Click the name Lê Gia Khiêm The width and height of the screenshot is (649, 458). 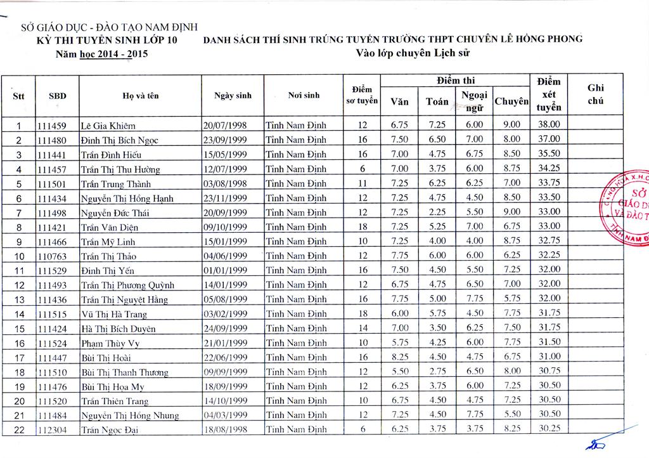pos(108,126)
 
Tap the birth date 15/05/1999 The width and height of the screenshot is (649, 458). pos(225,155)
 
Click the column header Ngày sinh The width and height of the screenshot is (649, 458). pos(233,96)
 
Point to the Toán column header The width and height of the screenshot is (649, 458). pos(437,101)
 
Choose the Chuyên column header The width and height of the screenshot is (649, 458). pos(511,101)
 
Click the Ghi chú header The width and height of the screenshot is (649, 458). pos(596,95)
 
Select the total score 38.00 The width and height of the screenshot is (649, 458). pos(548,124)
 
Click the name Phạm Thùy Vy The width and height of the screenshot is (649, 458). pos(110,344)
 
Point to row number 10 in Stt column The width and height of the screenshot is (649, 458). pos(19,256)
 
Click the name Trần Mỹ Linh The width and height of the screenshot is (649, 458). pos(108,242)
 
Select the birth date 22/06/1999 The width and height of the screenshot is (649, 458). pos(225,358)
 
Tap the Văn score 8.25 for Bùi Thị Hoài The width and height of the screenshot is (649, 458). pos(399,357)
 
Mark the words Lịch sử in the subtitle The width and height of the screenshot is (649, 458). pos(454,53)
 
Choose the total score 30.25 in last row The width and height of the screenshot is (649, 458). pos(548,429)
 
